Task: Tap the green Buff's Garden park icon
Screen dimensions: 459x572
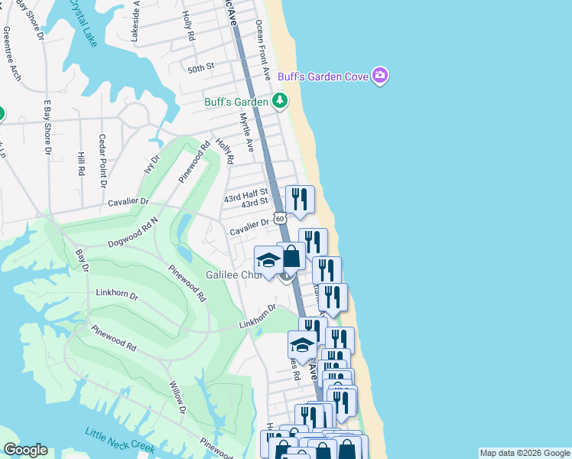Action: click(x=280, y=101)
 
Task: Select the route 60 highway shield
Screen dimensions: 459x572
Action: click(x=281, y=218)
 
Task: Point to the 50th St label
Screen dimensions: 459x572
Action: click(x=200, y=68)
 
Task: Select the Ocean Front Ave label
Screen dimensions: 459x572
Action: click(x=264, y=50)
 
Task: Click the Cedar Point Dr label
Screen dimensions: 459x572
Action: click(x=102, y=161)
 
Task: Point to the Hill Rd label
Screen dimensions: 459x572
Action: click(x=81, y=163)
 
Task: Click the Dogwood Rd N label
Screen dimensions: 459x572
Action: click(x=132, y=229)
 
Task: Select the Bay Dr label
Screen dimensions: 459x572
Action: click(x=82, y=259)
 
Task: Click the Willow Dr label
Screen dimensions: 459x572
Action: click(x=177, y=397)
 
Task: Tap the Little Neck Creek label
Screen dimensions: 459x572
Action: click(x=121, y=440)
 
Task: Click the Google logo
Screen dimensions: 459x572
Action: click(x=25, y=450)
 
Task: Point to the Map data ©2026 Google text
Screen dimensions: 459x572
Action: click(x=524, y=453)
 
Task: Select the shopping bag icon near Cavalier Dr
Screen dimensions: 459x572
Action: click(x=290, y=256)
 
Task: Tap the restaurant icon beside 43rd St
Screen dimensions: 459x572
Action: click(x=300, y=200)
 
